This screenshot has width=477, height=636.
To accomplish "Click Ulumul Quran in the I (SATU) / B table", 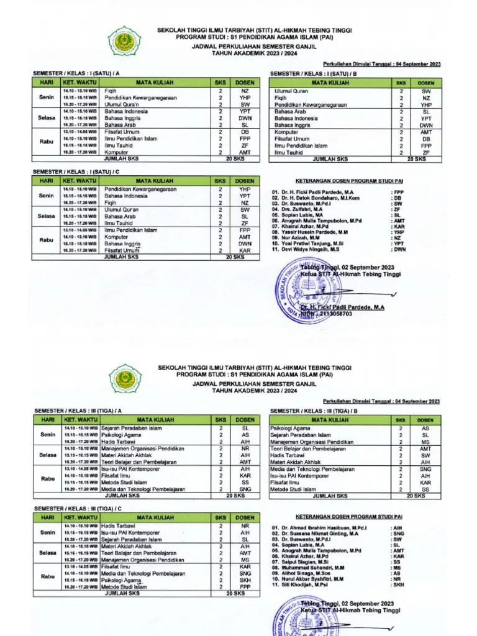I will (x=291, y=91).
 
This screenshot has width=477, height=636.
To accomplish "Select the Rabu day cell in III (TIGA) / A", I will (x=46, y=478).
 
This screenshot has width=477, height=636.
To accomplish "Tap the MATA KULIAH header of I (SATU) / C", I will (x=155, y=180).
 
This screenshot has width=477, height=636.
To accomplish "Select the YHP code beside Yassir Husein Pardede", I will (x=397, y=232).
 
